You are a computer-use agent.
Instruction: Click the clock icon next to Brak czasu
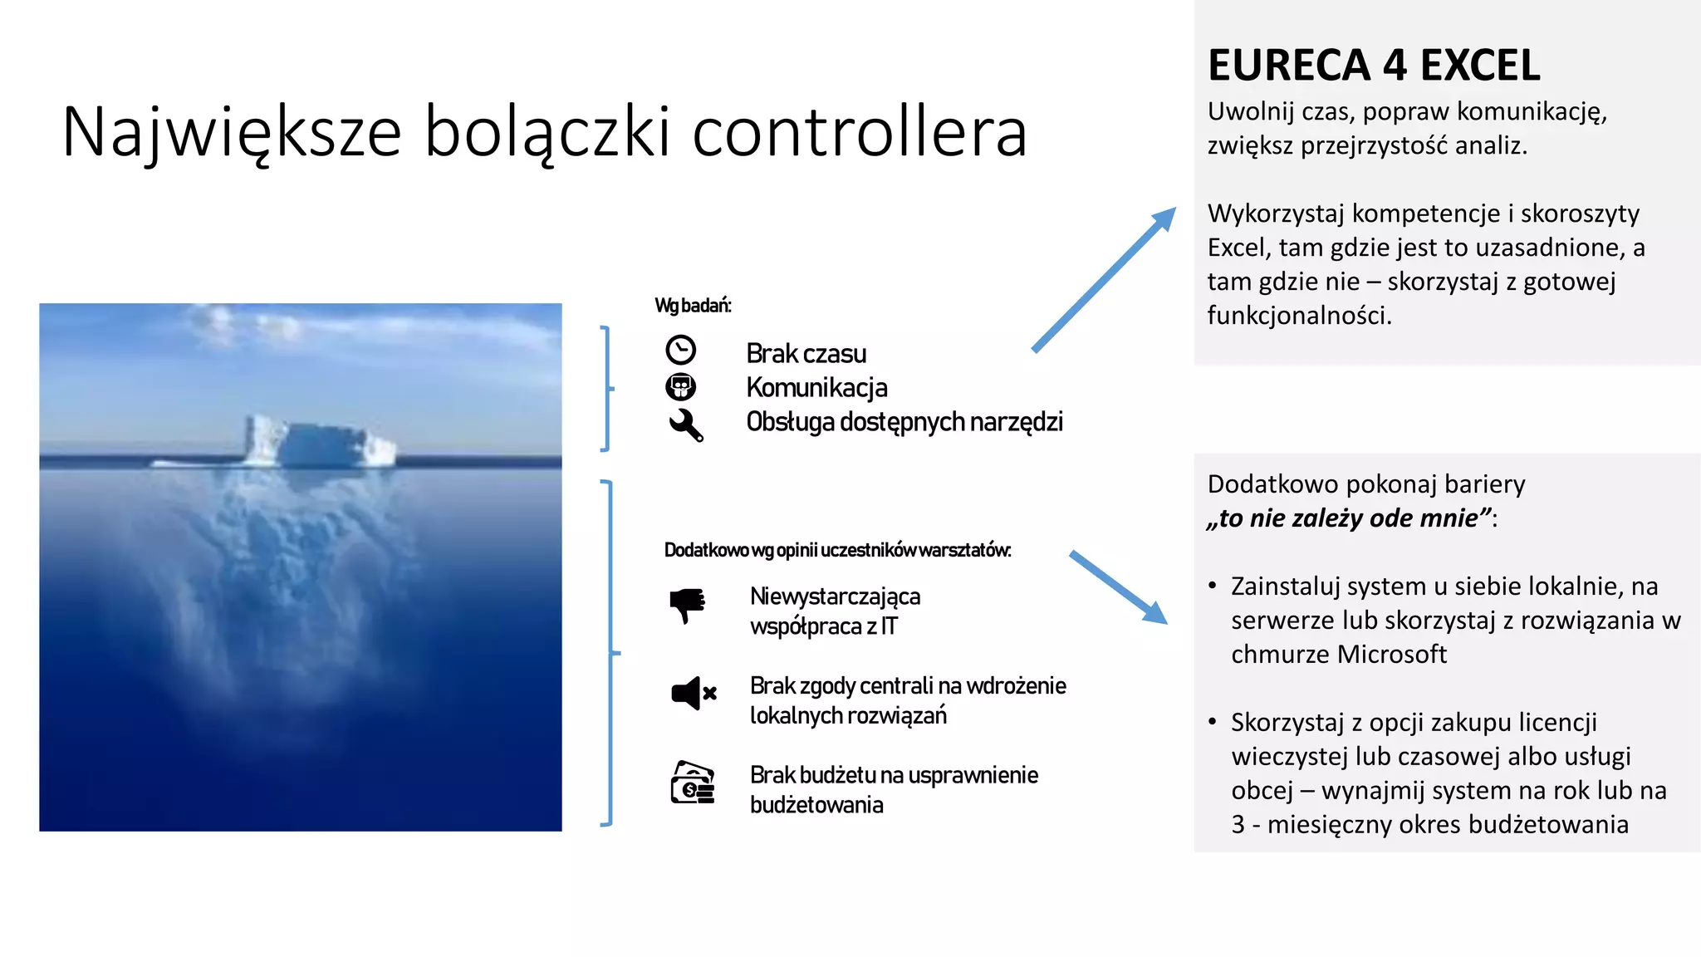point(681,350)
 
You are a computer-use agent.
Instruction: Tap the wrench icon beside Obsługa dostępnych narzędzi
point(686,425)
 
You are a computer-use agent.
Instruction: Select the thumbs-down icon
point(687,605)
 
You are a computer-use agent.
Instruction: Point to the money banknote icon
point(693,783)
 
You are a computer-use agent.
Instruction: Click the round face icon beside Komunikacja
point(681,387)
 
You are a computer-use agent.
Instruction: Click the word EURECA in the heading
point(1288,66)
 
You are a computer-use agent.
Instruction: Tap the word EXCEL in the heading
point(1480,66)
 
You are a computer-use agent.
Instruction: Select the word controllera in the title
point(860,132)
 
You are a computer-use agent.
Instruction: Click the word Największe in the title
point(232,132)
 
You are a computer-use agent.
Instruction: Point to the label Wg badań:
point(693,306)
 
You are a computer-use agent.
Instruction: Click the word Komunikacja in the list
point(816,388)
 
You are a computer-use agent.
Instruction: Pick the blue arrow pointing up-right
point(1104,280)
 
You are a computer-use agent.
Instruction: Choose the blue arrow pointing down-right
point(1118,586)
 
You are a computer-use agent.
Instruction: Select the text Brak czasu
point(806,354)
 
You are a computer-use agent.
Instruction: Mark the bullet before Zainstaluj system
point(1213,586)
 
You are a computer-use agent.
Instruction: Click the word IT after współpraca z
point(889,626)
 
